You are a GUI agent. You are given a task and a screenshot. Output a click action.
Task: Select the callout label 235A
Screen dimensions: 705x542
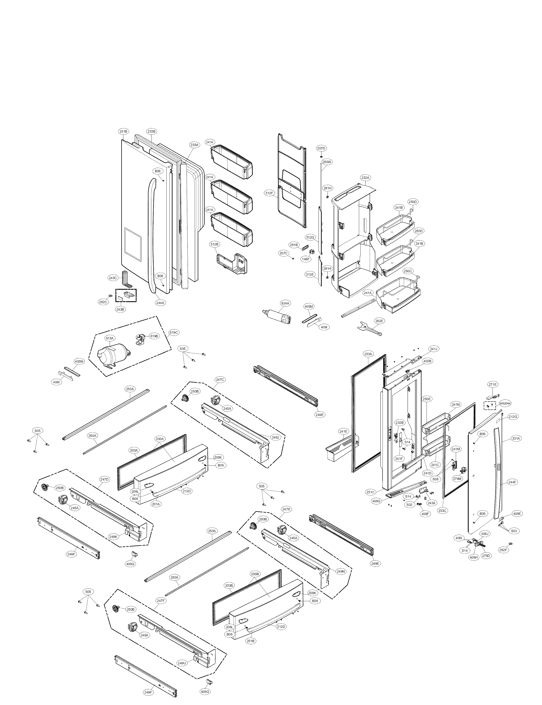coord(194,145)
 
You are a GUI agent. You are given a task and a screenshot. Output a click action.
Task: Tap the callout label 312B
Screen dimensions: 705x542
coord(214,244)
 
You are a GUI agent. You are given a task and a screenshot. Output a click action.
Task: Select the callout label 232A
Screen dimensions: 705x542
coord(365,178)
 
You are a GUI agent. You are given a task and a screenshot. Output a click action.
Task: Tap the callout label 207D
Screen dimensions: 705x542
coord(321,148)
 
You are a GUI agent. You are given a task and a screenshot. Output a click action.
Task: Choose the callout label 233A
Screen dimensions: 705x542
coord(368,354)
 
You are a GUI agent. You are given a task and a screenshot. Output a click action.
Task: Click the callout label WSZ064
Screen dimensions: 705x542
coord(505,403)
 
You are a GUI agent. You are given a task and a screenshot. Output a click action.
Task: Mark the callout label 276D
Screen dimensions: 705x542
coord(486,556)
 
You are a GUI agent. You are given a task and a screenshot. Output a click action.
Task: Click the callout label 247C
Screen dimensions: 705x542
coord(220,380)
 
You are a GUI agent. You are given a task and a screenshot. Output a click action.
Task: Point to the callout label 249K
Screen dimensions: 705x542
coord(113,537)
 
